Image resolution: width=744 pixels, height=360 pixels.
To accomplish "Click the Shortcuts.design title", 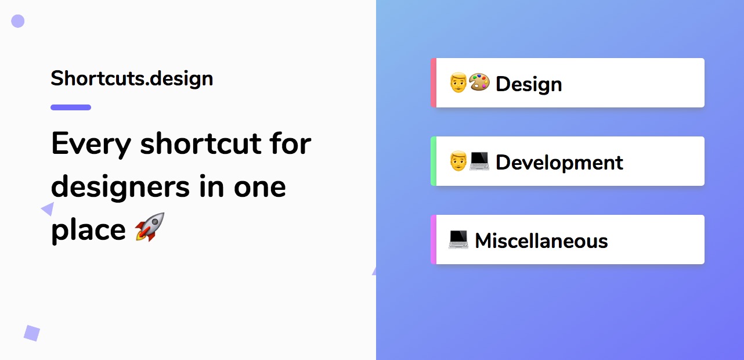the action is (132, 79).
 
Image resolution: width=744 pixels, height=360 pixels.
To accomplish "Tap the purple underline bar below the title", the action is (71, 107).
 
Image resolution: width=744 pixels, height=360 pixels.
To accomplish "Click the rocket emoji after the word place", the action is (150, 227).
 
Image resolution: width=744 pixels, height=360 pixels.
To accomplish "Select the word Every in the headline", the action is (91, 145).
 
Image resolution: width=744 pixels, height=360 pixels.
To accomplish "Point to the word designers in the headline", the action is (120, 187).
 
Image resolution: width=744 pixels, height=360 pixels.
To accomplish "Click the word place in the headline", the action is (88, 230).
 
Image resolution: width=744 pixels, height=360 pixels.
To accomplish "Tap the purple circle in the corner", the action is (18, 21).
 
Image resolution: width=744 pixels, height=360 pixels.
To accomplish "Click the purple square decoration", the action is (32, 333).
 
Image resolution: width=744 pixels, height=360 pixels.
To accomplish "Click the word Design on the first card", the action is (529, 84).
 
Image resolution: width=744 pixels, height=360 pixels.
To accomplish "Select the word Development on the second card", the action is (559, 163).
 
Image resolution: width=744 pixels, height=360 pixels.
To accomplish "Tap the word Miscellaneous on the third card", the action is (541, 240).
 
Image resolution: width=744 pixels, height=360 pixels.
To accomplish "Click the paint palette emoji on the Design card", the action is (479, 82).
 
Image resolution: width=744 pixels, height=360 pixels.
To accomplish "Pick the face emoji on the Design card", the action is (458, 82).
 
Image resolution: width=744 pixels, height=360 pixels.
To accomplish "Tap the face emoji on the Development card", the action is (458, 161).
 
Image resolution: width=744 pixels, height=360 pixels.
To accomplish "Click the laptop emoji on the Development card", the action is (479, 161).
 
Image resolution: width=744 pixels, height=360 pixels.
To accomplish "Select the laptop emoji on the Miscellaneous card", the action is (458, 239).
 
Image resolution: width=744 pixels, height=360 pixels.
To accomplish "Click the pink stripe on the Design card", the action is (434, 83).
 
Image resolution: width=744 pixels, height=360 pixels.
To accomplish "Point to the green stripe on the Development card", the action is (434, 161).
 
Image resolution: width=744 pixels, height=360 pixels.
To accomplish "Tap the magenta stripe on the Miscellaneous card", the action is (434, 240).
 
